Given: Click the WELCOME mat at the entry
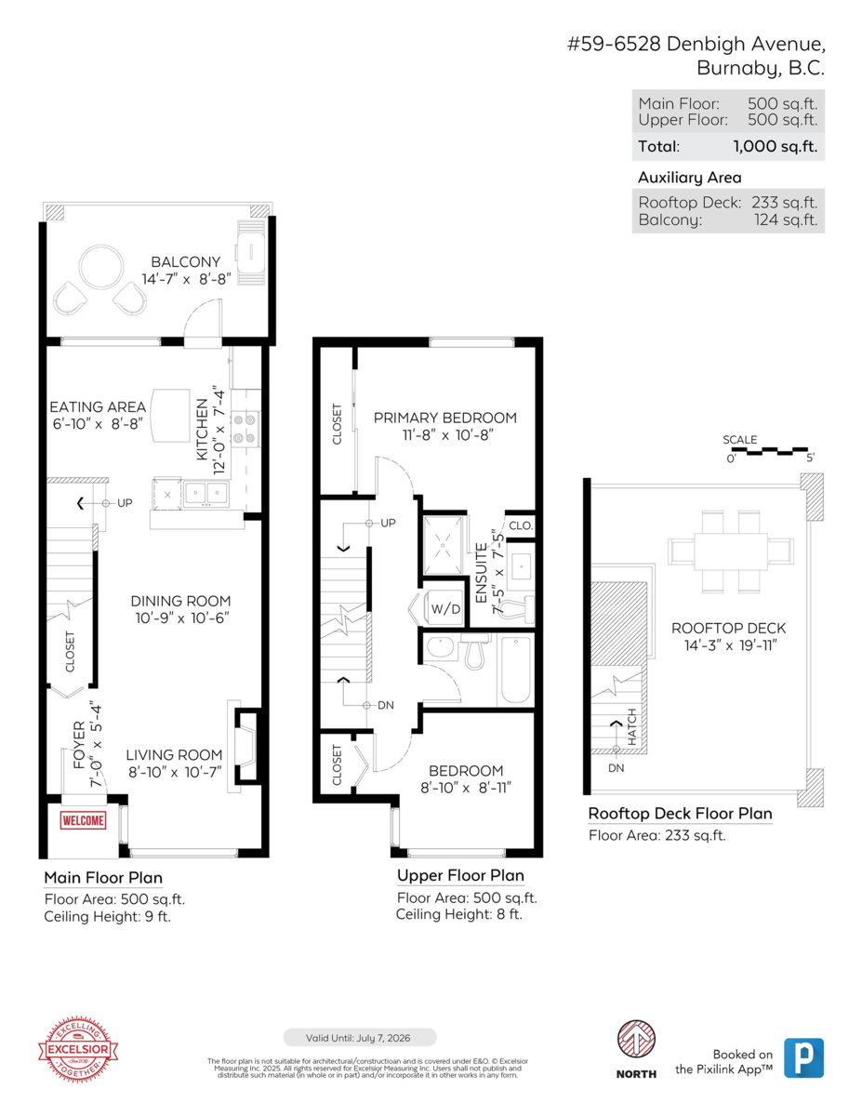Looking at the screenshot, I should [x=83, y=820].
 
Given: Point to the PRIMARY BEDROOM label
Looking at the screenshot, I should [x=444, y=418].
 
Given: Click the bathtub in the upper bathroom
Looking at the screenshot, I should [x=515, y=670].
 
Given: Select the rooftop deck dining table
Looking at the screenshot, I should [x=731, y=549].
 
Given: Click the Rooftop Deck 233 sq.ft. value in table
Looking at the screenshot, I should [x=785, y=203].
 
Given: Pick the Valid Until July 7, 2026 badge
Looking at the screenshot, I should [x=359, y=1037].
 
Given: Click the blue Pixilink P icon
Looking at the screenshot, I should [x=803, y=1057].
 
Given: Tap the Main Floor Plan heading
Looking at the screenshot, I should [x=103, y=877].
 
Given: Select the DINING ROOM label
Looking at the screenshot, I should [x=180, y=601].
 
